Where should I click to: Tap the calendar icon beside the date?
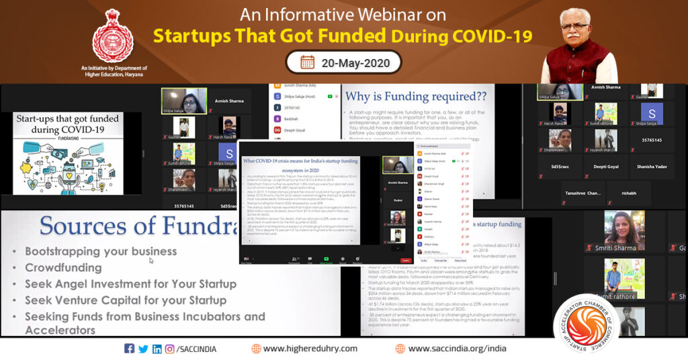307,62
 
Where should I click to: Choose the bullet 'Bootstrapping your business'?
101,251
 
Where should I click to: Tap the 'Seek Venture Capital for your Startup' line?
130,300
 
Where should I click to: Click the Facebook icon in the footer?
130,349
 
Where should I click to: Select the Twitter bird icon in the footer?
143,349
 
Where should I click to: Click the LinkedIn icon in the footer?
157,349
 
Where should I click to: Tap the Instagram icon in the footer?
170,349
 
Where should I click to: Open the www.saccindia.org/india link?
457,349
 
